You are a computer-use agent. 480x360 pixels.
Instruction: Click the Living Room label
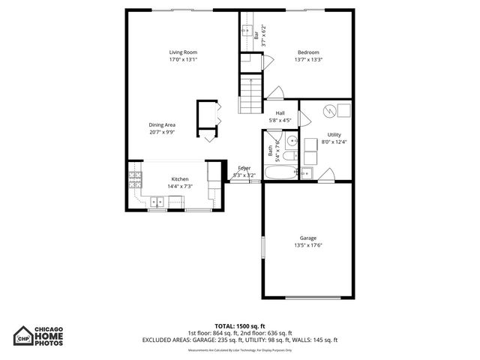tap(182, 52)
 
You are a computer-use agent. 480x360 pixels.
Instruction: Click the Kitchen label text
tap(180, 178)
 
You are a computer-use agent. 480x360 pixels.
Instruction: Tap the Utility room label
tap(334, 134)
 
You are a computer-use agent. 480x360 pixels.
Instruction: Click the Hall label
tap(280, 113)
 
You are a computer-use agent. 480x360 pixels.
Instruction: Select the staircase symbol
tap(250, 94)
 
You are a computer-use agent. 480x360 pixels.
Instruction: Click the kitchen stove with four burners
tap(135, 179)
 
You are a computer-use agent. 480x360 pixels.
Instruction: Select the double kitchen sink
tap(158, 201)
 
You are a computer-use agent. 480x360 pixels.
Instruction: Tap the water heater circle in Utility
tap(327, 111)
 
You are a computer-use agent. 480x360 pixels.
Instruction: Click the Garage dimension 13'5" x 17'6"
tap(308, 244)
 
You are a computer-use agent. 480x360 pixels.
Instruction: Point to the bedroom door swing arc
tap(274, 94)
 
